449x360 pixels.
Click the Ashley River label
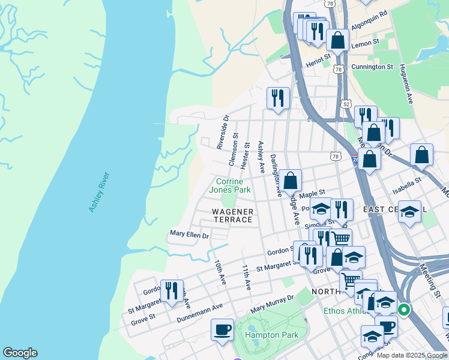(x=99, y=192)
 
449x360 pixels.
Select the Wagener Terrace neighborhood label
(x=233, y=215)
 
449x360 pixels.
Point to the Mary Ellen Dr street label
(x=189, y=235)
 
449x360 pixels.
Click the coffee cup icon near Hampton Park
(x=222, y=329)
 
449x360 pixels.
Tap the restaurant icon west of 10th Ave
(x=172, y=291)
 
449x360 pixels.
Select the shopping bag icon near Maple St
(x=290, y=179)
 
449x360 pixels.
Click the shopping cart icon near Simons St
(x=340, y=239)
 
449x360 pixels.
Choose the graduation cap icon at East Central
(x=410, y=211)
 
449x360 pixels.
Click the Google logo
(x=20, y=353)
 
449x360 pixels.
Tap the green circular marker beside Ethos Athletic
(x=404, y=310)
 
